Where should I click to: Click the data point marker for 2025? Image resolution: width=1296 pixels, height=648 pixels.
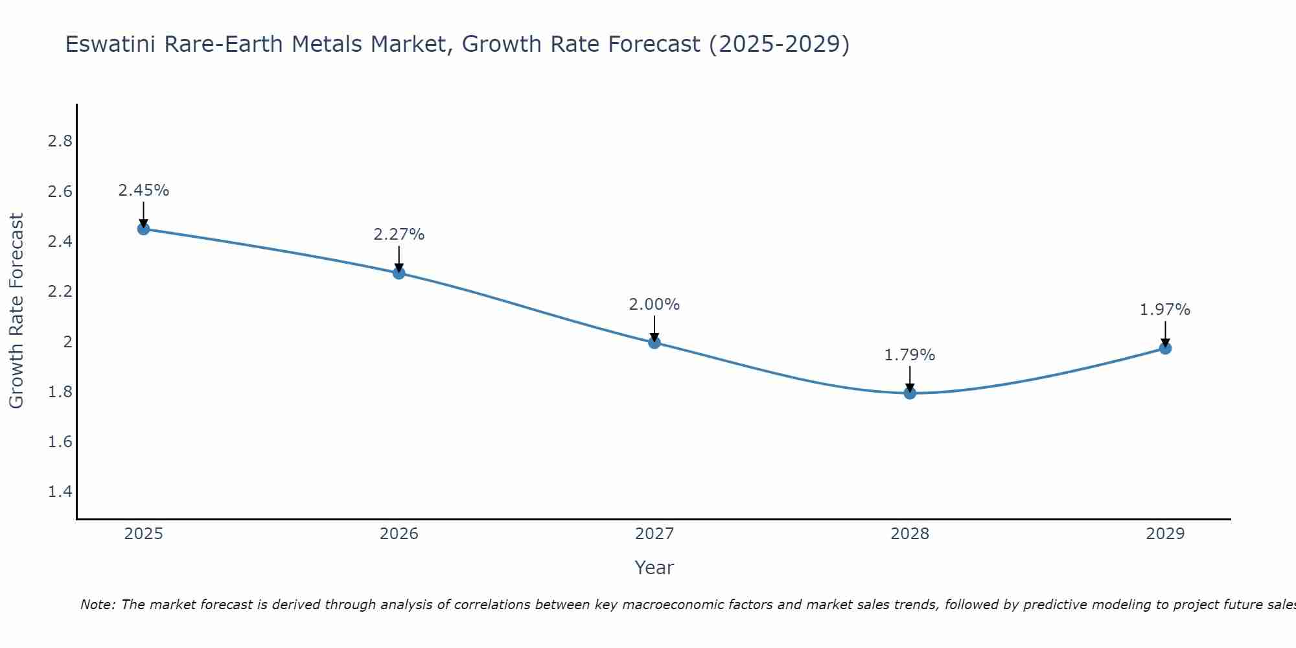pos(144,229)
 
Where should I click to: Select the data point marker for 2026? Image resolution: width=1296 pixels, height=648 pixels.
pos(399,273)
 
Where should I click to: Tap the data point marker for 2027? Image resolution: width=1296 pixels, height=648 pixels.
pos(654,343)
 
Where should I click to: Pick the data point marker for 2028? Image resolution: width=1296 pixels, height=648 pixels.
pos(910,393)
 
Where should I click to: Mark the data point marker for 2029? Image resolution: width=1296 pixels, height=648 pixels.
pos(1165,349)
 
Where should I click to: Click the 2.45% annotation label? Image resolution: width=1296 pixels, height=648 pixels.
pos(144,191)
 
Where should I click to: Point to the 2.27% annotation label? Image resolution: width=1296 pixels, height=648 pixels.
pos(399,235)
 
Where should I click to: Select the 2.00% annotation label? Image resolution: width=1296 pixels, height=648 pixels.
pos(654,305)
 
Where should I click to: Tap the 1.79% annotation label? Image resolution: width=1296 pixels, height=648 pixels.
pos(910,355)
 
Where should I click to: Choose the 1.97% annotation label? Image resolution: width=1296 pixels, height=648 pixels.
pos(1165,310)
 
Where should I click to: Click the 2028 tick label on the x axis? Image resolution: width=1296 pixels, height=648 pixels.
pos(910,534)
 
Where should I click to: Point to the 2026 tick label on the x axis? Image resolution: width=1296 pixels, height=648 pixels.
pos(399,534)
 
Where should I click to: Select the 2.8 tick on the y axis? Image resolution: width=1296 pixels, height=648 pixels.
pos(60,141)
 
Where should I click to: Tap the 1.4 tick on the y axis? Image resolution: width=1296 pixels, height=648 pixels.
pos(60,492)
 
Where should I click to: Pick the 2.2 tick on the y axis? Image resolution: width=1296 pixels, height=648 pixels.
pos(60,292)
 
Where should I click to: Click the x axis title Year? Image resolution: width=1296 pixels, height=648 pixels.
pos(654,568)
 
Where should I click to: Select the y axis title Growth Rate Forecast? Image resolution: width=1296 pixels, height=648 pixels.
pos(16,311)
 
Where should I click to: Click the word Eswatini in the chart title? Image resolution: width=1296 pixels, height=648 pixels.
pos(111,44)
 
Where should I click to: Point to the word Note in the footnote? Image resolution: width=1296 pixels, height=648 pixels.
pos(98,605)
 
